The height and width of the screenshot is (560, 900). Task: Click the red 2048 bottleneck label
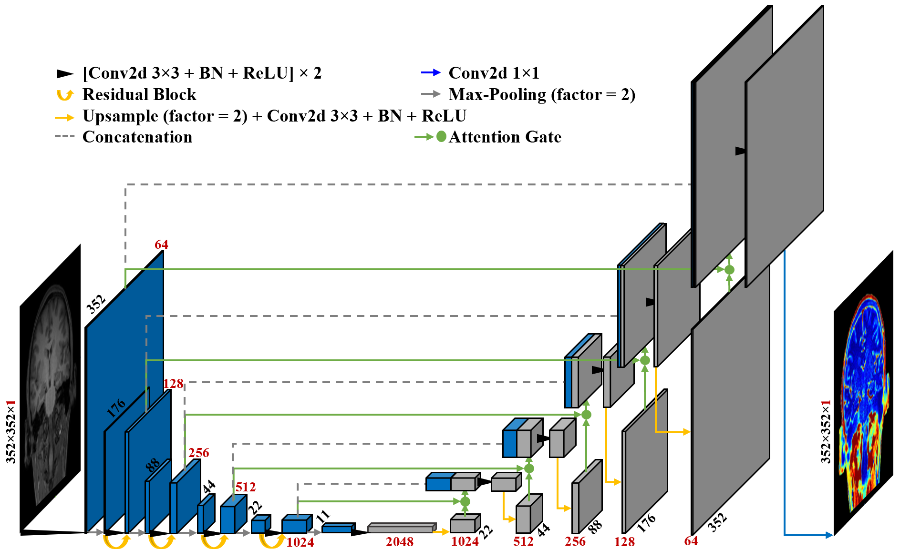click(400, 542)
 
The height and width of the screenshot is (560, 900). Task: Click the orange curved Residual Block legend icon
click(65, 95)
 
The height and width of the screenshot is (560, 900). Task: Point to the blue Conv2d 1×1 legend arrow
click(431, 73)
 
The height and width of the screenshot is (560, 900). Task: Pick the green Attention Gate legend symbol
click(430, 137)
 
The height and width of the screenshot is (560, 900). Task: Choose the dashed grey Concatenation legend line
click(65, 136)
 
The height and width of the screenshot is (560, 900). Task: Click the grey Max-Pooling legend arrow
click(431, 94)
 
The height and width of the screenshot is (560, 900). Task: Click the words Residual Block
click(139, 95)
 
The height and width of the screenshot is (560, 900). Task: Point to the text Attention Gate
click(505, 137)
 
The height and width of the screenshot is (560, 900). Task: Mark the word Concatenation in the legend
click(137, 137)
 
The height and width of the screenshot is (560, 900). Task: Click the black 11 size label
click(323, 516)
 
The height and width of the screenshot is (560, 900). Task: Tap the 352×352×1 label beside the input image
click(11, 431)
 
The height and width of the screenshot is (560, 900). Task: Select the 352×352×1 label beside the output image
click(826, 431)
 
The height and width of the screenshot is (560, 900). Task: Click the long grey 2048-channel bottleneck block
click(401, 528)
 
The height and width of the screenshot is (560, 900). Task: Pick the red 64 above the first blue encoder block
click(161, 245)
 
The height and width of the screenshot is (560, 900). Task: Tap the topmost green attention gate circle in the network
click(729, 270)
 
